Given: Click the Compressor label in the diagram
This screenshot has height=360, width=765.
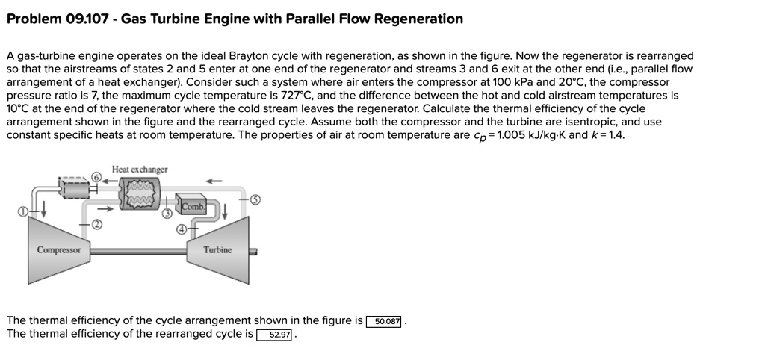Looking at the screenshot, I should (61, 250).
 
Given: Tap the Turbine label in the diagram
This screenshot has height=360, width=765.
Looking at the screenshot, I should (217, 250).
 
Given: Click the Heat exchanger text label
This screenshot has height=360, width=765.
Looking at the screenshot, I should (140, 170).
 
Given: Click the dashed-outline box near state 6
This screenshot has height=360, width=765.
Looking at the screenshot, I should (72, 189).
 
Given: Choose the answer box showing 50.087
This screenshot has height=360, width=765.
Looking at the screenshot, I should (384, 321).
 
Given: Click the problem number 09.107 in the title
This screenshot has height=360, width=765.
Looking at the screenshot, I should (84, 19).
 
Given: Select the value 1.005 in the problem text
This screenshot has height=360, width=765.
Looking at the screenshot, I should (508, 135).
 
